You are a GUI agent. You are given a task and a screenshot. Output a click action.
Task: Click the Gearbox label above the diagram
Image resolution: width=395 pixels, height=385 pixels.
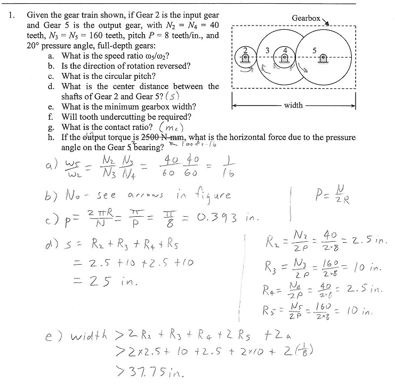(x=306, y=18)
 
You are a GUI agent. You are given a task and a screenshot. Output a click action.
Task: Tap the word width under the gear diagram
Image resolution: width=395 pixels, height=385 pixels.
(x=293, y=105)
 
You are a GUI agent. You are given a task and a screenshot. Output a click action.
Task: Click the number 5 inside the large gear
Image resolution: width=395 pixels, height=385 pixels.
(x=315, y=50)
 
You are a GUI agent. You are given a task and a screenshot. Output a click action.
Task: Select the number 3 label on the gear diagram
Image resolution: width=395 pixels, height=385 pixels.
(x=267, y=50)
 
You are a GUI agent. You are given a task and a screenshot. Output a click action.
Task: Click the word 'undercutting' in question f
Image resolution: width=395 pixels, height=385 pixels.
(x=120, y=117)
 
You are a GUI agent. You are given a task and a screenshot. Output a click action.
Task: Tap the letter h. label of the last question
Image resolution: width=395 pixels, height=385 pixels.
(x=51, y=137)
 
